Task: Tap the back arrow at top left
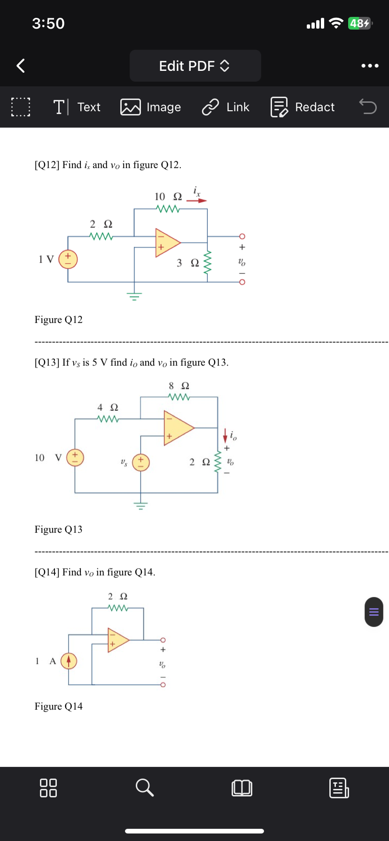pyautogui.click(x=21, y=66)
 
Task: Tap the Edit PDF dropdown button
pyautogui.click(x=195, y=66)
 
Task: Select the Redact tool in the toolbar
pyautogui.click(x=303, y=107)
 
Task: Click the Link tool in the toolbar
pyautogui.click(x=226, y=107)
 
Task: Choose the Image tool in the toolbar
pyautogui.click(x=151, y=107)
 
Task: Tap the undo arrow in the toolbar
pyautogui.click(x=368, y=107)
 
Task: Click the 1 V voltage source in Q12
pyautogui.click(x=68, y=259)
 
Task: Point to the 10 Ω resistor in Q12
pyautogui.click(x=168, y=208)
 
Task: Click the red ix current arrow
pyautogui.click(x=197, y=200)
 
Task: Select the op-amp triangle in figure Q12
pyautogui.click(x=166, y=243)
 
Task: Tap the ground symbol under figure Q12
pyautogui.click(x=134, y=296)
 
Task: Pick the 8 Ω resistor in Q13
pyautogui.click(x=179, y=397)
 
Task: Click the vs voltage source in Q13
pyautogui.click(x=141, y=462)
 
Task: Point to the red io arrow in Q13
pyautogui.click(x=225, y=435)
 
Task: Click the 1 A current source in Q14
pyautogui.click(x=69, y=661)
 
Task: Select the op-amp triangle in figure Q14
pyautogui.click(x=117, y=640)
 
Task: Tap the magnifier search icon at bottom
pyautogui.click(x=144, y=787)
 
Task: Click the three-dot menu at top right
pyautogui.click(x=370, y=66)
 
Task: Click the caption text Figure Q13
pyautogui.click(x=58, y=529)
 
